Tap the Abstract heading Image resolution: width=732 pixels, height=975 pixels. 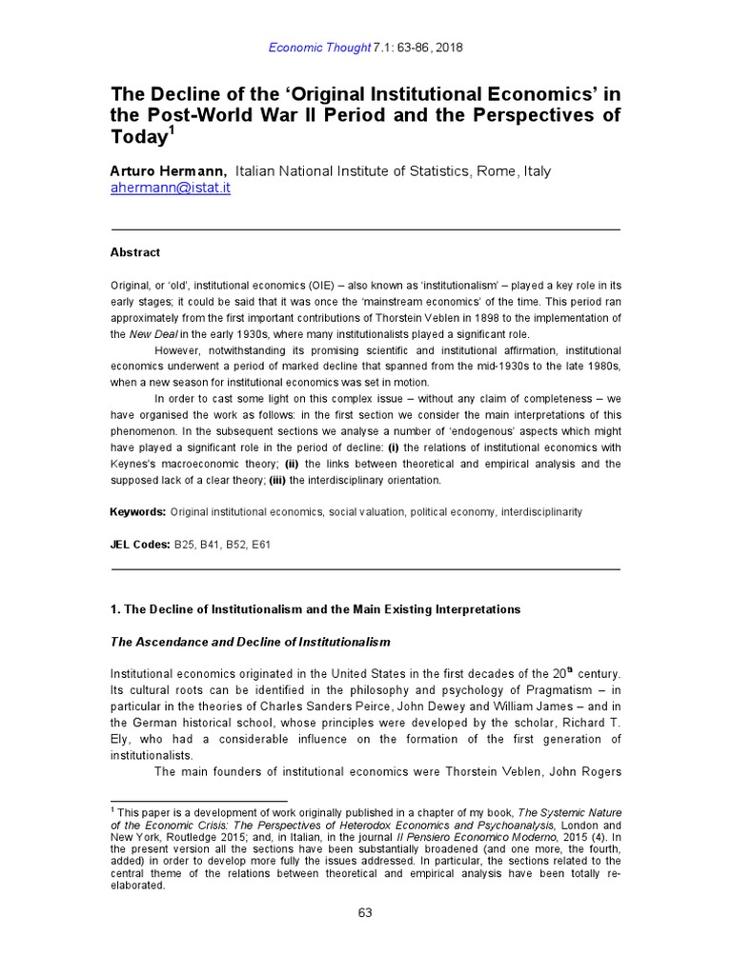pyautogui.click(x=136, y=252)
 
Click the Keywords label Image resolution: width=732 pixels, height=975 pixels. pyautogui.click(x=138, y=512)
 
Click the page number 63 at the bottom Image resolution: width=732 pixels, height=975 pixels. pyautogui.click(x=365, y=912)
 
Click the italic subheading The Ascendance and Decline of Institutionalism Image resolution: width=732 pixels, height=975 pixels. pyautogui.click(x=251, y=643)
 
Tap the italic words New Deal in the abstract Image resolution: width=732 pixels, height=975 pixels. pyautogui.click(x=152, y=334)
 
